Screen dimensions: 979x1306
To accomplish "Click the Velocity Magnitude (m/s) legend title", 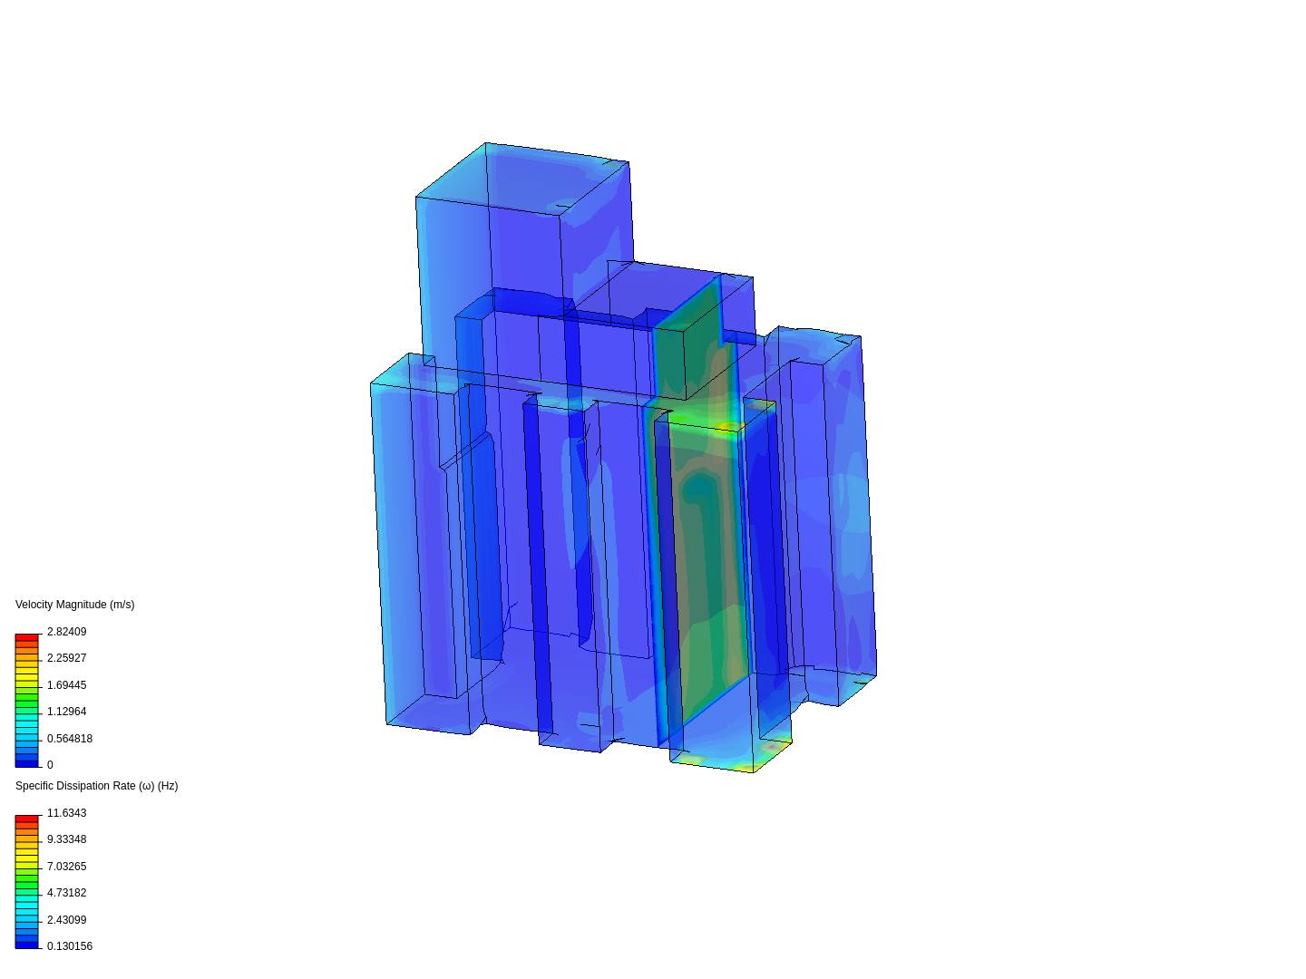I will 74,605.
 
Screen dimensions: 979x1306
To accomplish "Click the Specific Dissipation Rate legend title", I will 96,786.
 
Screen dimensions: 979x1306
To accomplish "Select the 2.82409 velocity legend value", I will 66,632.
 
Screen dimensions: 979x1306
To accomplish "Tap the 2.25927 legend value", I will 66,658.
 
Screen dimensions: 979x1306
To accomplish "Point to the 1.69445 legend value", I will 66,685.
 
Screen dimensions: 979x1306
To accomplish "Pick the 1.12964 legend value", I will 66,712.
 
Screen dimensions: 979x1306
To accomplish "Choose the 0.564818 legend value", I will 69,739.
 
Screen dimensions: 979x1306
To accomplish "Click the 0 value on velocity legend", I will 50,765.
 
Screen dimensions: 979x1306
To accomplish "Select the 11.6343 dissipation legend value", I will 66,813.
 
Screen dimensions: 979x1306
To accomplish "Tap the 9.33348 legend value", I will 66,839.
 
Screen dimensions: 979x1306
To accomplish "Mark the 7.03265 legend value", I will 66,867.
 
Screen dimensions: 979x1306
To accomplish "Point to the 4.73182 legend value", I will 66,893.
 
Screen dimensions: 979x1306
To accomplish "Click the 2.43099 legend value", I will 66,920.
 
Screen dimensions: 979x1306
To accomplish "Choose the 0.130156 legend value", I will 69,946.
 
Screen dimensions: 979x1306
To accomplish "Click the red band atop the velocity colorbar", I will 27,638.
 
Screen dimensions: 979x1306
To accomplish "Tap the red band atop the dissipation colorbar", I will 27,819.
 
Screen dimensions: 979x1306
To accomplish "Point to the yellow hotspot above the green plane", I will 727,426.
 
